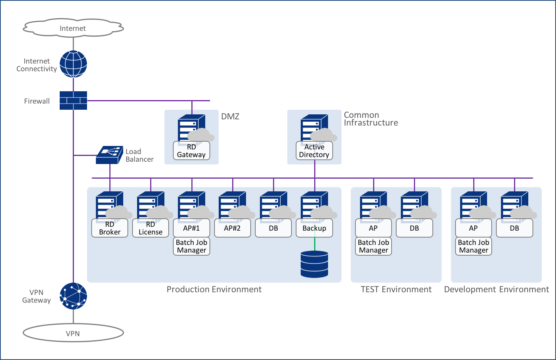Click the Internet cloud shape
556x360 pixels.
(x=73, y=28)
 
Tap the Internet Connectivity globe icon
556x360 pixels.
(x=73, y=64)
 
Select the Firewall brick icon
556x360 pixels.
(x=73, y=100)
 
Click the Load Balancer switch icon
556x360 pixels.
(x=109, y=155)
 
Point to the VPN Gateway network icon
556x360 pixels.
(x=73, y=296)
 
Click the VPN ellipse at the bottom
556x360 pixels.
(x=73, y=333)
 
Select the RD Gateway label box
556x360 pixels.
(x=191, y=151)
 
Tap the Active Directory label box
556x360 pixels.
(x=314, y=151)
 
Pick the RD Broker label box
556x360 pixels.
(x=110, y=228)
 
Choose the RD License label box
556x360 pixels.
(x=151, y=228)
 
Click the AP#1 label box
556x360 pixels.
(x=191, y=228)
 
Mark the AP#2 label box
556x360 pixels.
(x=233, y=228)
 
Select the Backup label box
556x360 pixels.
(x=314, y=228)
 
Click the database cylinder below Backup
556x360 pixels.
(x=315, y=264)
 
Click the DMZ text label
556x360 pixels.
(x=230, y=117)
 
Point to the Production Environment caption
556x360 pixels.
(x=214, y=290)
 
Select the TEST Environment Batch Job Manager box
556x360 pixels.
(x=373, y=246)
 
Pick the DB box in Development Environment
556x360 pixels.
(x=514, y=228)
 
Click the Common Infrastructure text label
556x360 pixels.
(x=370, y=119)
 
